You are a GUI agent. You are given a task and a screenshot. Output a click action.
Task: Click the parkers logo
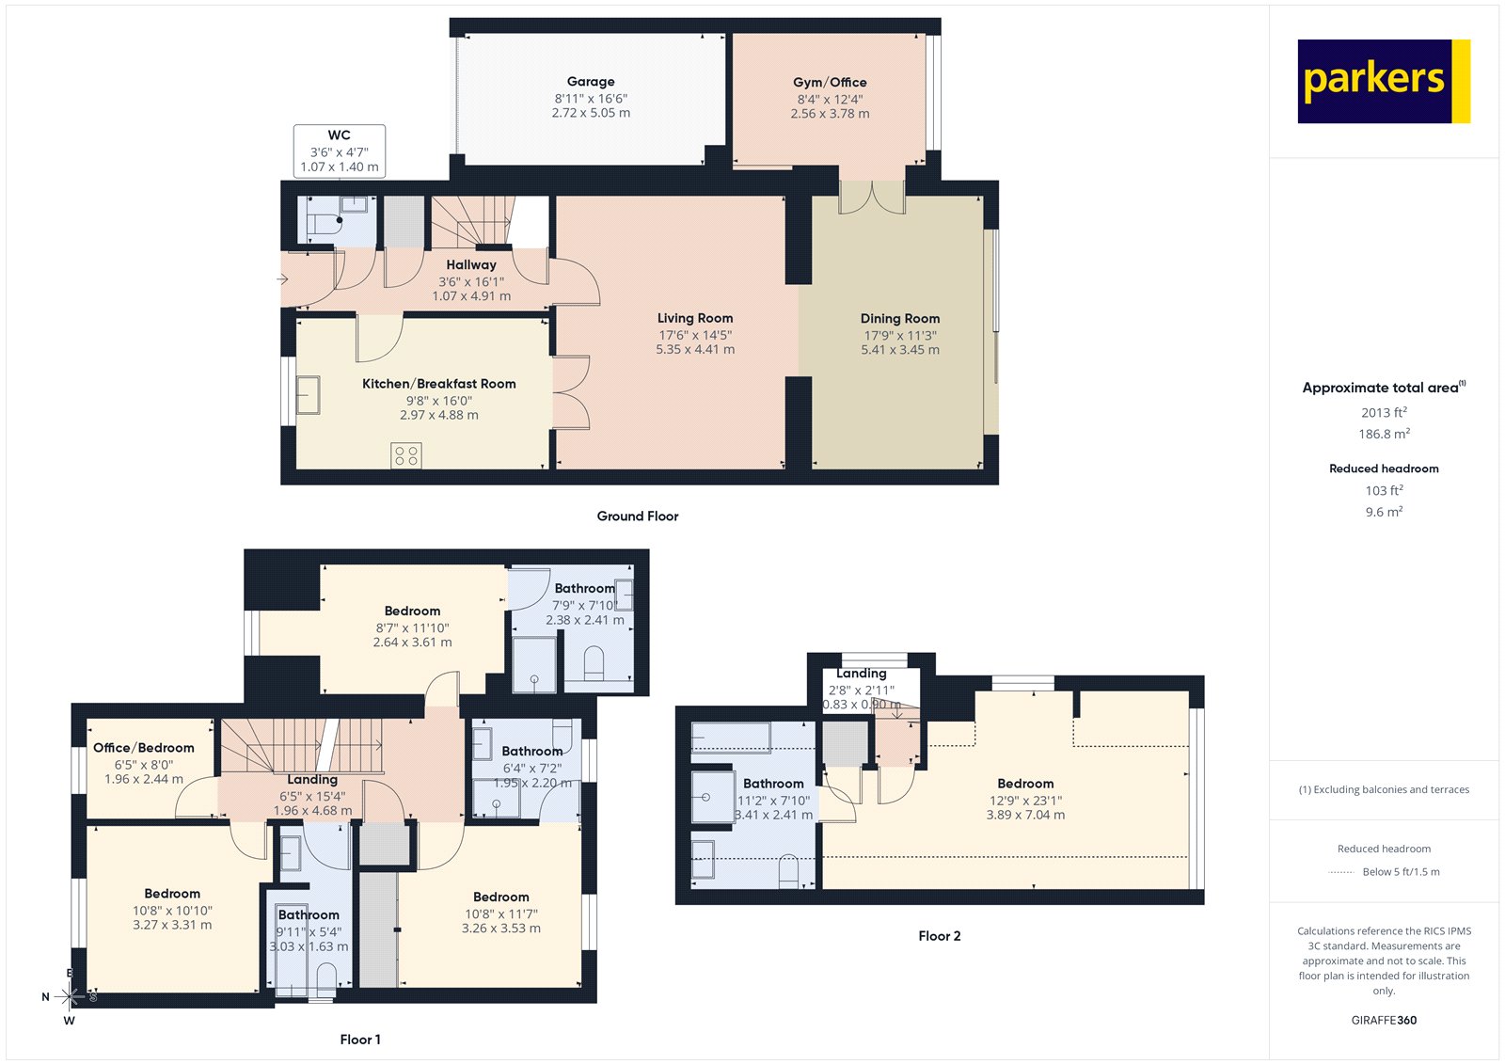pos(1383,81)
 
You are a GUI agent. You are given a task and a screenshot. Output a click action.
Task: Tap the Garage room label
pos(591,82)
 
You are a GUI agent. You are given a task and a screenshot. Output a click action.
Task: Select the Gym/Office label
pos(830,83)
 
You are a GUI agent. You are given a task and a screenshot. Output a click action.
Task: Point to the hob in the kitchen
pos(406,456)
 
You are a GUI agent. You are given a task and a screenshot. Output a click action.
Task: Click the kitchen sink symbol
pos(309,395)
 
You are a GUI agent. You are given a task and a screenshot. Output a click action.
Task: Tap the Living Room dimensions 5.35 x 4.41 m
pos(695,350)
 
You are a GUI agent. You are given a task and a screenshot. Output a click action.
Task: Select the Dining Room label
pos(899,319)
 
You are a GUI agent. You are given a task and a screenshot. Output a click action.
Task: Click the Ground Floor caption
pos(637,516)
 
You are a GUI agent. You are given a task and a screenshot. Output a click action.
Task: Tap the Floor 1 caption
pos(360,1040)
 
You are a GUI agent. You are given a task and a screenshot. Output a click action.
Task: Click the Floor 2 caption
pos(939,936)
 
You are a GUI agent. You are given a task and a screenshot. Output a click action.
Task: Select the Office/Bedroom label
pos(143,748)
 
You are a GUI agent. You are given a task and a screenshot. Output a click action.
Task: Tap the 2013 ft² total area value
pos(1384,413)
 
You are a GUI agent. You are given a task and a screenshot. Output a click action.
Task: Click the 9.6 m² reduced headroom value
pos(1384,513)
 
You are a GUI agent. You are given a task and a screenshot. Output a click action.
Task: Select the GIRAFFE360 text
pos(1384,1021)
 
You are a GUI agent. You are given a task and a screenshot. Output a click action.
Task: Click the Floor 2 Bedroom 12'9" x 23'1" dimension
pos(1025,801)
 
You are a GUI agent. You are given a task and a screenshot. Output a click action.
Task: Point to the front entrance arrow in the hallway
pos(281,279)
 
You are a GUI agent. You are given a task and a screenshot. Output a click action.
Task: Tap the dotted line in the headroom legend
pos(1340,873)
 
